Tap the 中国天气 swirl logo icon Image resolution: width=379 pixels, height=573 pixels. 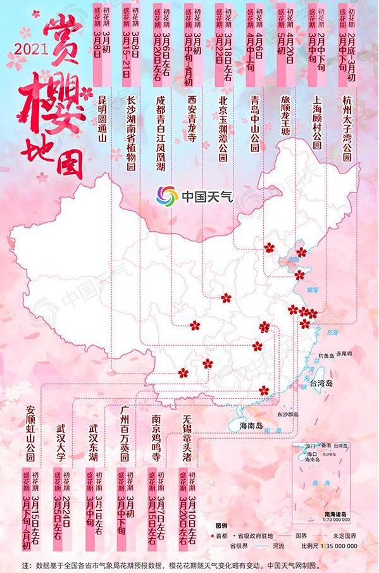tap(168, 194)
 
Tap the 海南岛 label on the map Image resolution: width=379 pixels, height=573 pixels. tap(251, 425)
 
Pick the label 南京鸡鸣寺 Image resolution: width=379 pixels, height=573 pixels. tap(156, 437)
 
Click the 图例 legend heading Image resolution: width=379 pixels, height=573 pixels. tap(221, 526)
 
